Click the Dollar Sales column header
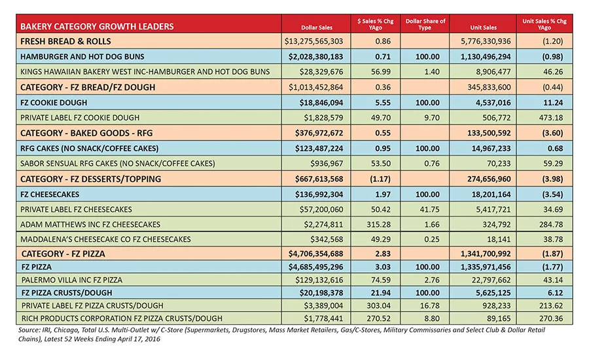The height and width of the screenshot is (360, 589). coord(317,27)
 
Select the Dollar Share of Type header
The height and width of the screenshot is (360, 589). coord(425,24)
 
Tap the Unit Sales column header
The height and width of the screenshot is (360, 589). coord(483,27)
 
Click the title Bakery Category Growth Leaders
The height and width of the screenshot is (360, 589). coord(97,26)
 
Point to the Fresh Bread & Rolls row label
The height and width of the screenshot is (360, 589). coord(65,41)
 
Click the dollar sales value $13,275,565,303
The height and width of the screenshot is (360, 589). coord(313,41)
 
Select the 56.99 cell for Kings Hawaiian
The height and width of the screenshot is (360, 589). coord(381,72)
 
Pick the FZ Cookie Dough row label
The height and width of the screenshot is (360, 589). coord(54,103)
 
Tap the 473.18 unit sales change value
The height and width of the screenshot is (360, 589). coord(551,118)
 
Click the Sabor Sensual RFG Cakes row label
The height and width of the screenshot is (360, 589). coord(118,164)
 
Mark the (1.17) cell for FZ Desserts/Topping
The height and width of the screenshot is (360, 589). coord(380,179)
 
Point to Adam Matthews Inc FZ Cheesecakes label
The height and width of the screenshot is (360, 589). coord(90,225)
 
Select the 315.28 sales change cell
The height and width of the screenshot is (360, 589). coord(379,225)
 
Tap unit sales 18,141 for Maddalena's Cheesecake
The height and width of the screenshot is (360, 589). coord(499,240)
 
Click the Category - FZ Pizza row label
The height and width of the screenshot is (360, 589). coord(63,254)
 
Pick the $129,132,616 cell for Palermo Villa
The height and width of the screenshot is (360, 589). coord(319,280)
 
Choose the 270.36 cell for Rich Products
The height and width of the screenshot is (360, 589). coord(551,318)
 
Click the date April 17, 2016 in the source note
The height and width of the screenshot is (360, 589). coord(139,339)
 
